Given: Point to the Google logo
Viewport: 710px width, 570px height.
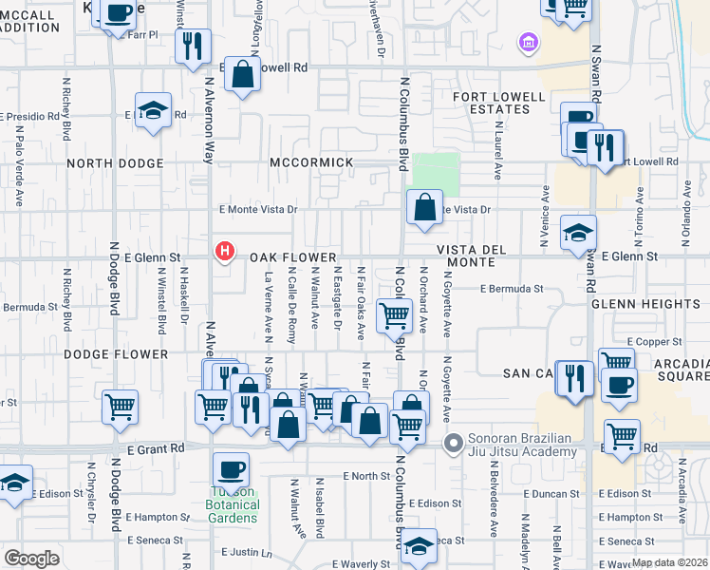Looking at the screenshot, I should tap(31, 559).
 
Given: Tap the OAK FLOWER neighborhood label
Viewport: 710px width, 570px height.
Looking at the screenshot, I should tap(293, 257).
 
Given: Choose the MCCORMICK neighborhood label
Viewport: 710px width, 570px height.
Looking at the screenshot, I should tap(311, 162).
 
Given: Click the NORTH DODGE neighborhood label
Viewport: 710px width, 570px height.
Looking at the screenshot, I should tap(115, 163).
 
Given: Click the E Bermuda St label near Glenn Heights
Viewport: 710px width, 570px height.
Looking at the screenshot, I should tap(511, 289).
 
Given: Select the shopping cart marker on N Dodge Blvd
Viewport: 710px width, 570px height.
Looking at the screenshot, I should tap(121, 408).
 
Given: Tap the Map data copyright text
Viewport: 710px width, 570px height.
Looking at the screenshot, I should tap(668, 562).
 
